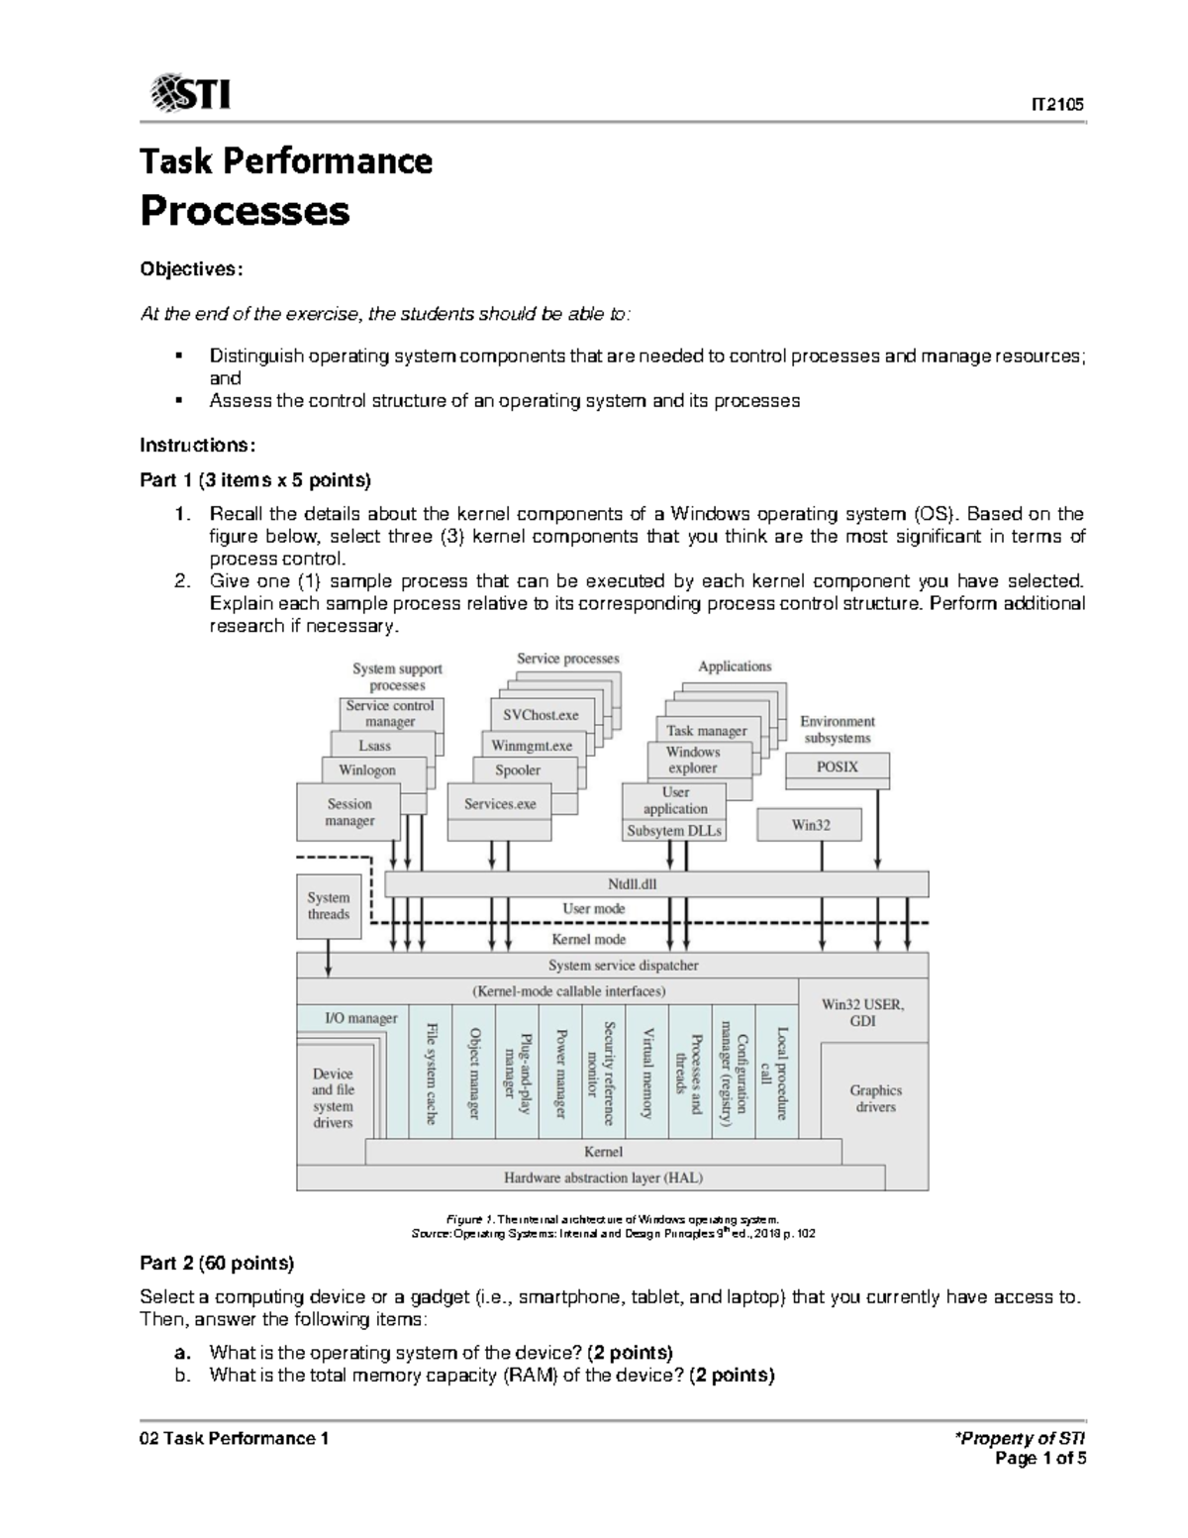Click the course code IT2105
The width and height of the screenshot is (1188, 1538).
point(1059,105)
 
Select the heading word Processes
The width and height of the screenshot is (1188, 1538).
point(245,211)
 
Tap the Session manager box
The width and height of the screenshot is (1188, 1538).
point(348,812)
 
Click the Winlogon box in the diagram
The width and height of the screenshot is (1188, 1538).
point(367,769)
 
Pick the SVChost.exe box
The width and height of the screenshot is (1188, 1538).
point(541,715)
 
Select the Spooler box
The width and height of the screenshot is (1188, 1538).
point(518,769)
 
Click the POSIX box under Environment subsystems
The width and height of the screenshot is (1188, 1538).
point(837,767)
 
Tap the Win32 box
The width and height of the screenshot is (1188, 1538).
point(810,824)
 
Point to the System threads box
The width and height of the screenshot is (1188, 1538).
point(328,906)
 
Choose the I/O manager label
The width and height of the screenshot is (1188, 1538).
point(361,1017)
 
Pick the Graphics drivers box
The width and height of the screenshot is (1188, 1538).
point(875,1098)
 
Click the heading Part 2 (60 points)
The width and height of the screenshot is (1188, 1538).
point(217,1264)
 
